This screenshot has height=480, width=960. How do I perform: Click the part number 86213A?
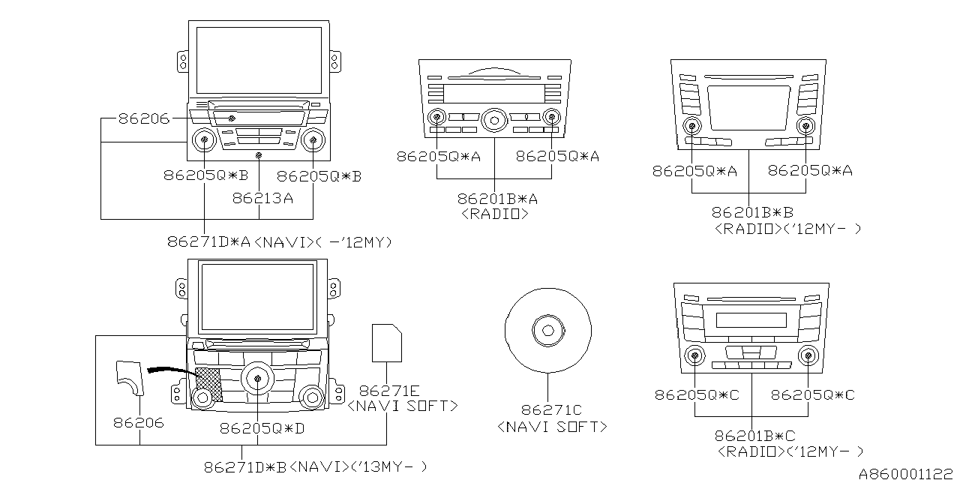[x=262, y=199]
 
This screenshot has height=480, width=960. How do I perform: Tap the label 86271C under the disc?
[x=551, y=410]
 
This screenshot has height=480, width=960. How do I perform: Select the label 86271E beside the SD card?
[x=388, y=390]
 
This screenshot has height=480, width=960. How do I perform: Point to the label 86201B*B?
[x=751, y=213]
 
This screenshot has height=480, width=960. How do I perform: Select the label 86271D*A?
[x=210, y=242]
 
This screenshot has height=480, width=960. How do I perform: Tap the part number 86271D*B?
[x=245, y=466]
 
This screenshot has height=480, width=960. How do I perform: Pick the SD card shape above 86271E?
[x=387, y=343]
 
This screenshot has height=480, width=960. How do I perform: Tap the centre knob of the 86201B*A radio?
[x=495, y=117]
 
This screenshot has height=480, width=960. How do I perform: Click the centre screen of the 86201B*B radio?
[x=748, y=108]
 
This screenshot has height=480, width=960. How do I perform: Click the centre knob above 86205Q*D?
[x=258, y=378]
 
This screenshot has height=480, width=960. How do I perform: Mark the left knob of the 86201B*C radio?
[x=696, y=356]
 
